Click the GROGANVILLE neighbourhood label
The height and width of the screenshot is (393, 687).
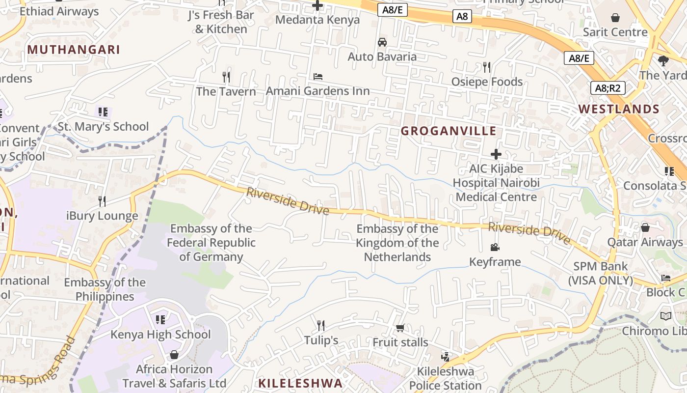tap(449, 131)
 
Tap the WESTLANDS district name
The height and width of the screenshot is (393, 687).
tap(618, 109)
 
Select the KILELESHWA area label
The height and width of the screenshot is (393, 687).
tap(300, 383)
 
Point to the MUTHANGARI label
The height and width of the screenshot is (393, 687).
tap(74, 50)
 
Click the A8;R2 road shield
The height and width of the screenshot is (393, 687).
tap(607, 88)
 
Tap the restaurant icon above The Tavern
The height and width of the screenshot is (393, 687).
tap(226, 77)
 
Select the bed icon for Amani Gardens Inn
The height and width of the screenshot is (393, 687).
tap(318, 77)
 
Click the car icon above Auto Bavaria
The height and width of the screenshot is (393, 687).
tap(382, 42)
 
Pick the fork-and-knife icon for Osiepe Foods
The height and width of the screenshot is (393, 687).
tap(487, 67)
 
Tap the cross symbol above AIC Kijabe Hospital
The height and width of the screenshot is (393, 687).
tap(496, 154)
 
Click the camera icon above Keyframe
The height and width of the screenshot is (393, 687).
tap(495, 247)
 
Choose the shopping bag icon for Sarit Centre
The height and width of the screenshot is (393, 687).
tap(615, 18)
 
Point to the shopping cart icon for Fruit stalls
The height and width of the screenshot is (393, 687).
tap(400, 328)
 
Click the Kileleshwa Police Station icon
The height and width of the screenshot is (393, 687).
tap(445, 357)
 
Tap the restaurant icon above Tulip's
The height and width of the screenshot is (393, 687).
tap(321, 325)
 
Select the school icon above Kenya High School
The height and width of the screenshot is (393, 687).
tap(160, 320)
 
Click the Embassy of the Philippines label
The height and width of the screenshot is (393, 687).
tap(105, 289)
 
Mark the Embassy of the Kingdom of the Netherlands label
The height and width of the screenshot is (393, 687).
tap(397, 243)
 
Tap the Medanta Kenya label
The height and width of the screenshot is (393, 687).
tap(317, 20)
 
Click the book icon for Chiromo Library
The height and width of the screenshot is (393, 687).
tap(666, 316)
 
